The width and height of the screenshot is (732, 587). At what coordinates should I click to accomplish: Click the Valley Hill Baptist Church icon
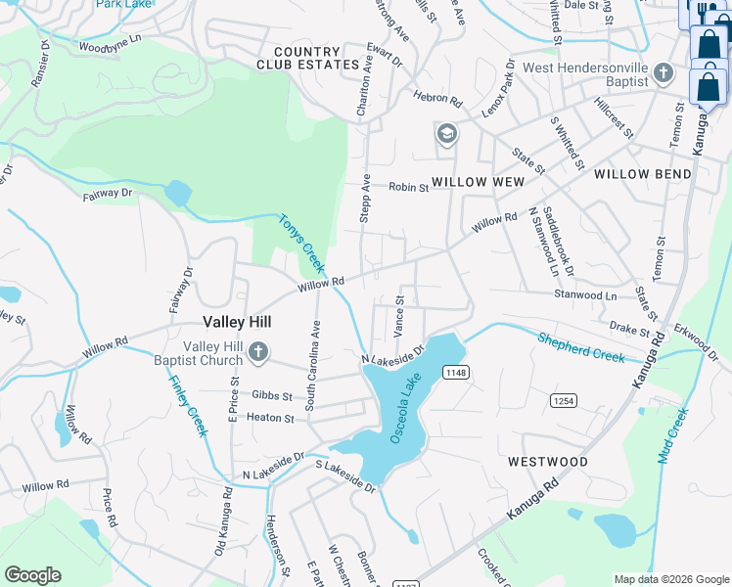pyautogui.click(x=258, y=352)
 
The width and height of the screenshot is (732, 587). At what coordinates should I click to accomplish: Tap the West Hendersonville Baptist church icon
pyautogui.click(x=663, y=73)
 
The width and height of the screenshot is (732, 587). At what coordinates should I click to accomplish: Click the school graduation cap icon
pyautogui.click(x=447, y=134)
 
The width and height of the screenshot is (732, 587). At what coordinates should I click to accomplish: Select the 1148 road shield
pyautogui.click(x=455, y=372)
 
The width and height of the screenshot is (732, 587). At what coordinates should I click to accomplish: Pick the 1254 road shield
pyautogui.click(x=564, y=400)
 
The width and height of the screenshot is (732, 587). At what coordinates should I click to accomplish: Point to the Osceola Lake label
pyautogui.click(x=406, y=408)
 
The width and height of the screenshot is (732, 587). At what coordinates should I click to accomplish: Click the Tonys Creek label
pyautogui.click(x=301, y=243)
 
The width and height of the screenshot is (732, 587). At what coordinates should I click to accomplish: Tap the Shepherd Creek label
pyautogui.click(x=580, y=345)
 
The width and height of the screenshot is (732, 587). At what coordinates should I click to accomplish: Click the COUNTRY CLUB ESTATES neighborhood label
pyautogui.click(x=309, y=58)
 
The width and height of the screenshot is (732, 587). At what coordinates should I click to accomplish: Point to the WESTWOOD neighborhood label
pyautogui.click(x=548, y=461)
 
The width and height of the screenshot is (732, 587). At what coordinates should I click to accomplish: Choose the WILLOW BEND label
pyautogui.click(x=643, y=174)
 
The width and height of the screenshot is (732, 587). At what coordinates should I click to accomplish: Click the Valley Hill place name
pyautogui.click(x=237, y=321)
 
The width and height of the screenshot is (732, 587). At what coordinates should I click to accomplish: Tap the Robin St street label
pyautogui.click(x=409, y=186)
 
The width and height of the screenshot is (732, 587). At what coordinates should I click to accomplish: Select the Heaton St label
pyautogui.click(x=271, y=418)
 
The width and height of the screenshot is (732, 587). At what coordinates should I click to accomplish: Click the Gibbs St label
pyautogui.click(x=272, y=395)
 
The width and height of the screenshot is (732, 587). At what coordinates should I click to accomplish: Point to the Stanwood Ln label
pyautogui.click(x=585, y=294)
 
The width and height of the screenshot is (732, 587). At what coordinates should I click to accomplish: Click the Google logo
pyautogui.click(x=32, y=575)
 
